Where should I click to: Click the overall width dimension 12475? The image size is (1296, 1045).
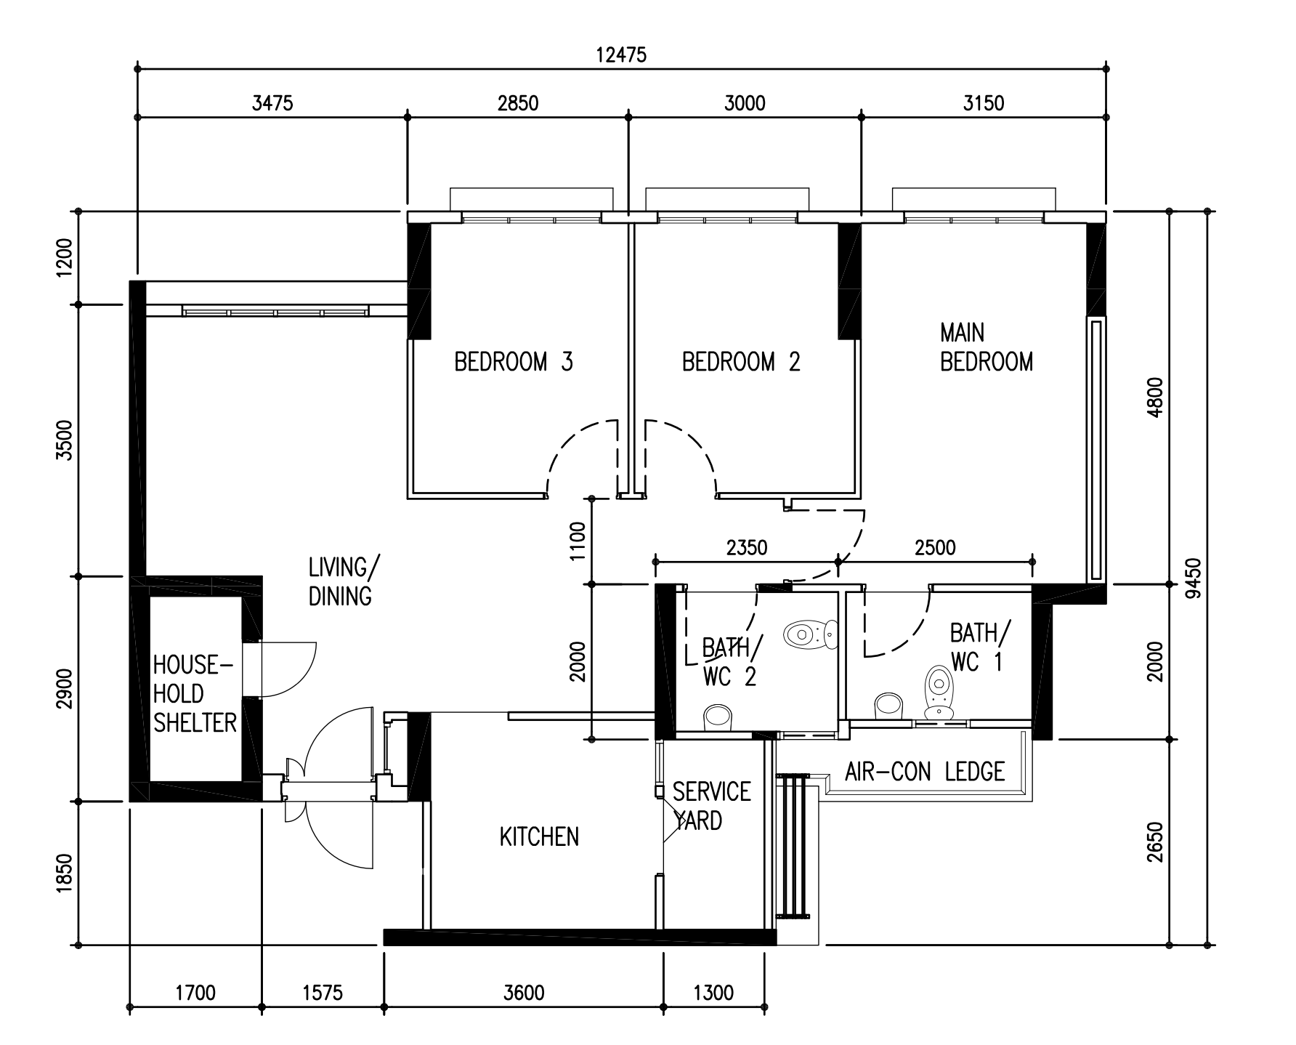(x=620, y=55)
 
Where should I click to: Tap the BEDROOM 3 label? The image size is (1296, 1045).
(x=514, y=361)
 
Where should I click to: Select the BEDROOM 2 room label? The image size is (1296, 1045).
(x=741, y=361)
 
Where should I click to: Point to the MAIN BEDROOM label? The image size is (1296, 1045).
(x=986, y=347)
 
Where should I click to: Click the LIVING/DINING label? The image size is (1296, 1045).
(x=340, y=581)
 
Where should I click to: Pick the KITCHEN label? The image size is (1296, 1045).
(x=539, y=837)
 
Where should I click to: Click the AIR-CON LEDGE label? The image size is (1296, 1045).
(x=925, y=771)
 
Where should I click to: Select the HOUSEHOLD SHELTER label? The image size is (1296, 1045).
(x=195, y=693)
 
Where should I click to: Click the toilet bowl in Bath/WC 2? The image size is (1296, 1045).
(x=811, y=634)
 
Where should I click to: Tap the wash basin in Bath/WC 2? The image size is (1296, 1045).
(x=718, y=717)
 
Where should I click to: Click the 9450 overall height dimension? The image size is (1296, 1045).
(x=1192, y=578)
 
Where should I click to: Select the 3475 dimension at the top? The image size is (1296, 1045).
(x=272, y=103)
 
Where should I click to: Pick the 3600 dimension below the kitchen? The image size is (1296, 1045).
(x=524, y=992)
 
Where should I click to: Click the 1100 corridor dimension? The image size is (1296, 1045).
(x=578, y=541)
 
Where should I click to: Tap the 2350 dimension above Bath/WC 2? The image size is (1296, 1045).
(x=747, y=547)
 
